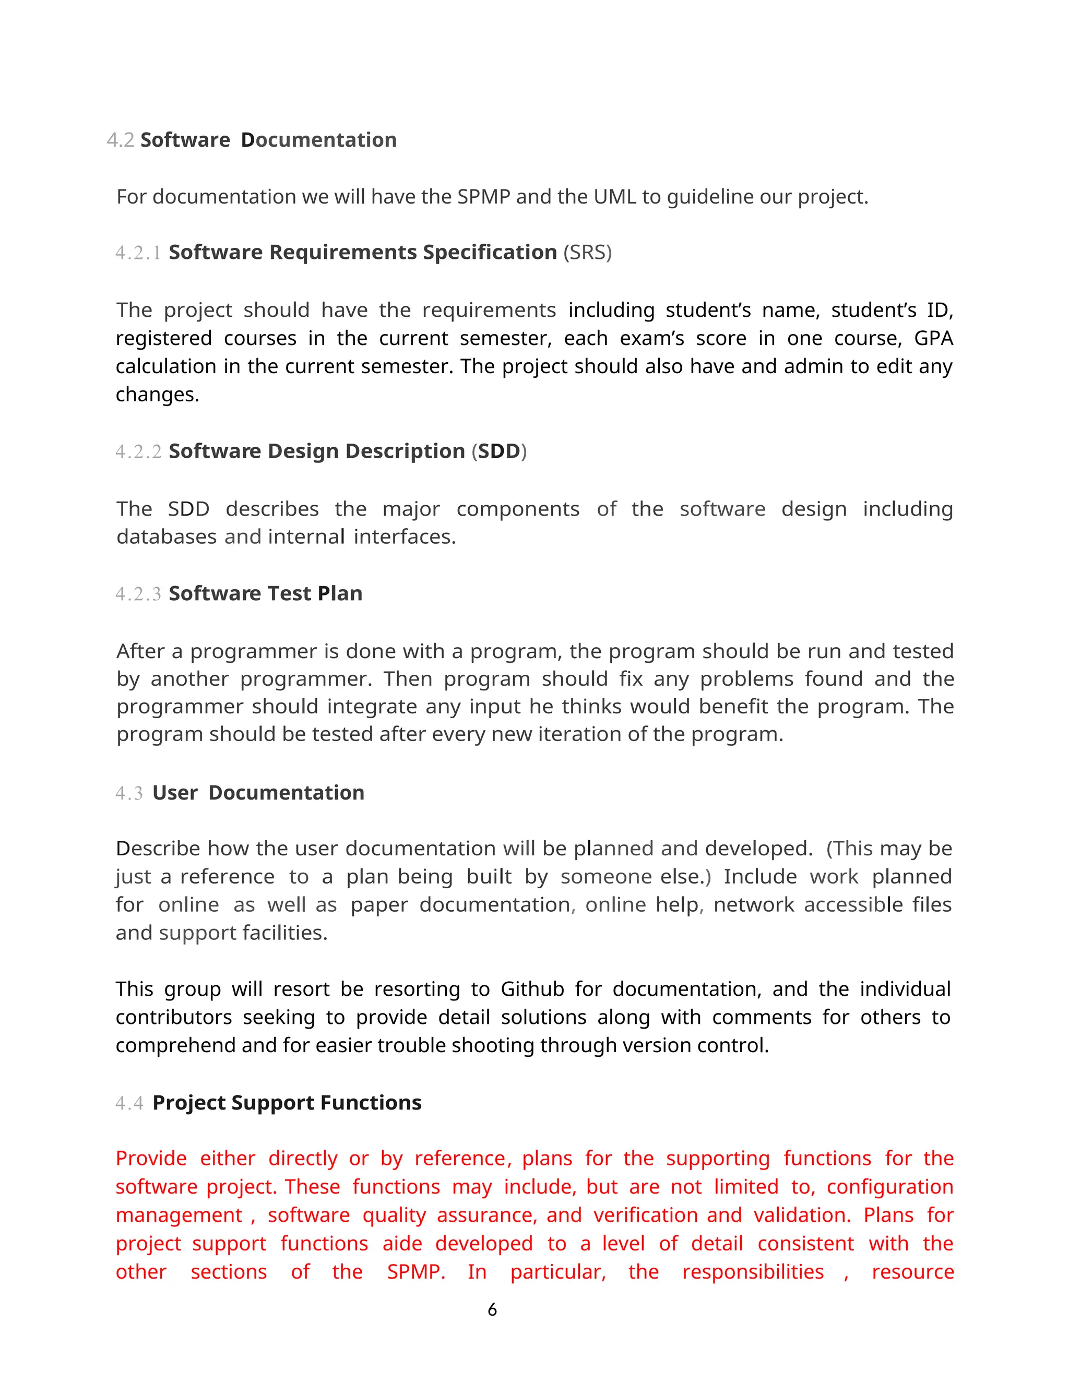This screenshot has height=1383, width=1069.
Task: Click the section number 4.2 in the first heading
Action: click(121, 140)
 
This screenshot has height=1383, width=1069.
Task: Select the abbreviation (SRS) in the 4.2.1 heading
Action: click(587, 253)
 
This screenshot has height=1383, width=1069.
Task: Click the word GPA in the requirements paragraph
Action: click(933, 338)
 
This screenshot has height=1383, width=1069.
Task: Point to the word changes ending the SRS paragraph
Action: click(157, 395)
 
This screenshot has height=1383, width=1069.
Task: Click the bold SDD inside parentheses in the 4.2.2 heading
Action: click(499, 451)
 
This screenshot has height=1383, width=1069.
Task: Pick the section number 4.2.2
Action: click(138, 452)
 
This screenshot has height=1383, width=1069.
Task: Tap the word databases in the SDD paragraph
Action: click(167, 537)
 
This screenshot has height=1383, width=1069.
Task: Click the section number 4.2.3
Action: click(138, 594)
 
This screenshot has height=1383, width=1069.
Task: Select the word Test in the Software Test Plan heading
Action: click(290, 593)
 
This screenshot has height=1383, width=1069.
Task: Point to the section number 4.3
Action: click(129, 793)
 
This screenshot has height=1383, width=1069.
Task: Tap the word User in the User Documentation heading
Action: click(175, 793)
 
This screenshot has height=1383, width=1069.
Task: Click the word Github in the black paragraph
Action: click(532, 989)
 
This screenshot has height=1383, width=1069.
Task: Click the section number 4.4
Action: click(129, 1103)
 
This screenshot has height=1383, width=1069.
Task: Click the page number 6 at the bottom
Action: click(492, 1309)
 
